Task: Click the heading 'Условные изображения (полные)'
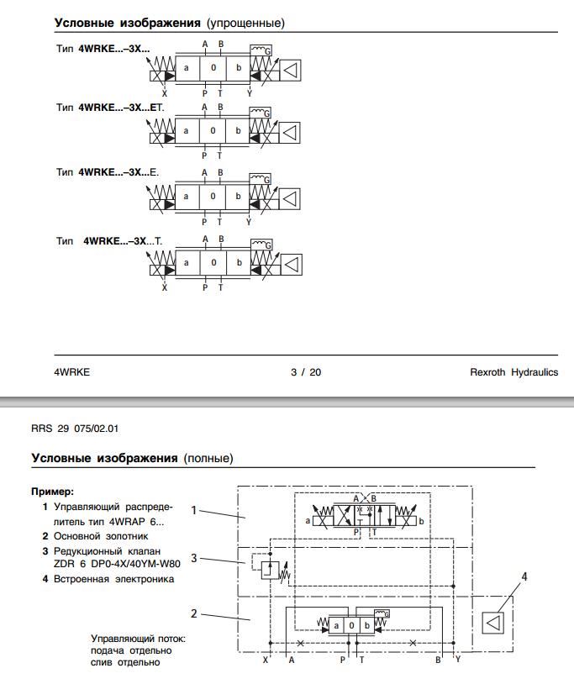coord(132,458)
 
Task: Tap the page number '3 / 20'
coord(306,372)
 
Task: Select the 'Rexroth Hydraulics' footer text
coord(513,372)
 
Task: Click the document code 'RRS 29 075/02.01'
coord(75,428)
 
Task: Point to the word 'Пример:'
coord(52,491)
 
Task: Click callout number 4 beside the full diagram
coord(524,576)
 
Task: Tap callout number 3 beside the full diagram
coord(194,557)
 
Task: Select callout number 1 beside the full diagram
coord(194,509)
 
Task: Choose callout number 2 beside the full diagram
coord(194,613)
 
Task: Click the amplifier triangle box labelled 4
coord(492,623)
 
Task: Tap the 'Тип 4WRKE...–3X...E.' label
coord(107,172)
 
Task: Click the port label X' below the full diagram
coord(266,660)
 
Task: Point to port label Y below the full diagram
coord(458,660)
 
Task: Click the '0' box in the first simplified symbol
coord(213,67)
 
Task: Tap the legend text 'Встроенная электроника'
coord(113,579)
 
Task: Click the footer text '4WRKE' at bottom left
coord(72,372)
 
